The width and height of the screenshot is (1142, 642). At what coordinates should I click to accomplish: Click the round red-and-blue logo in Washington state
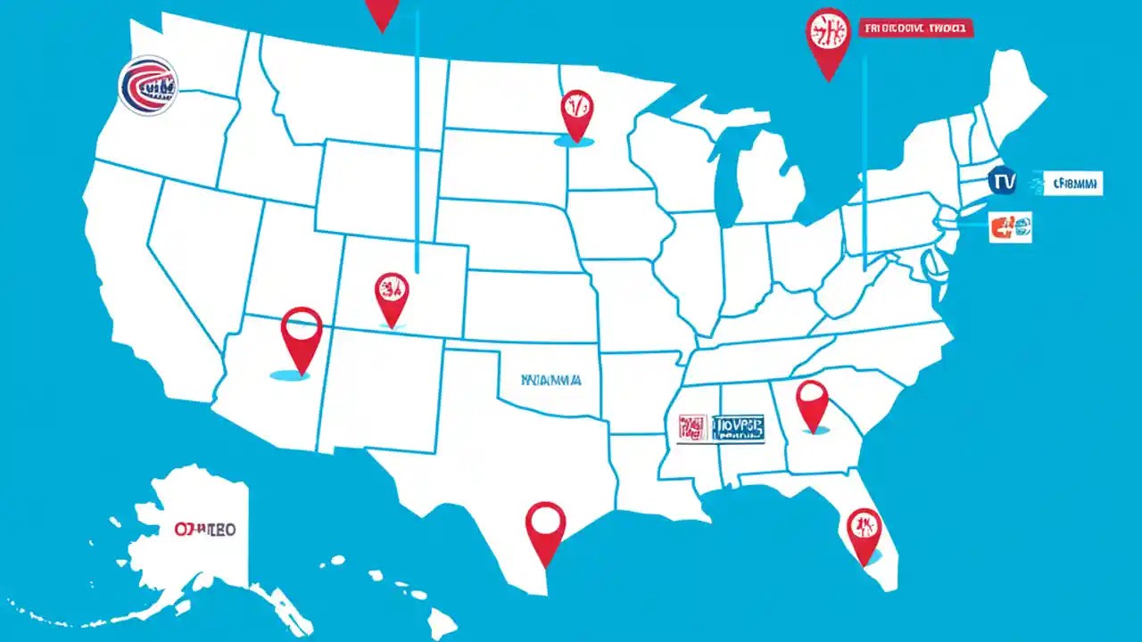coord(148,86)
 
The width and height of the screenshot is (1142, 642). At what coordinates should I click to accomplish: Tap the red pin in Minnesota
coord(576,111)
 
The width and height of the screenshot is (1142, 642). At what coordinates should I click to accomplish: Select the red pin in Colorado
coord(392,296)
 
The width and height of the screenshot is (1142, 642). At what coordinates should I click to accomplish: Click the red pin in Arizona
coord(301,334)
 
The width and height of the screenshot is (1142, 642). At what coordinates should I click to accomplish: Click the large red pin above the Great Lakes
coord(829,37)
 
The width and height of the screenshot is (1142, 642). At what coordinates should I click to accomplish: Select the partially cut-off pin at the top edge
coord(382,12)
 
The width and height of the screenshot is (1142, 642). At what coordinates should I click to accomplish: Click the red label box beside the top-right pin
coord(916,29)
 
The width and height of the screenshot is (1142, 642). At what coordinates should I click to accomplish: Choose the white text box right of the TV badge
coord(1072,184)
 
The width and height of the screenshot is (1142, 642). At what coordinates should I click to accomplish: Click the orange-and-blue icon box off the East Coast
coord(1010,227)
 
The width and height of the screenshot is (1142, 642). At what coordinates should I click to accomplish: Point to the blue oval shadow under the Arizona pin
coord(290,375)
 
